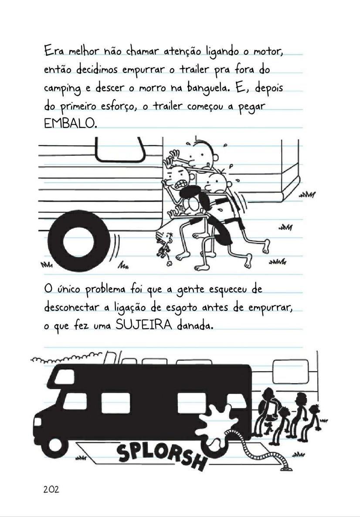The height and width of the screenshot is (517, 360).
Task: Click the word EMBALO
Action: point(69,123)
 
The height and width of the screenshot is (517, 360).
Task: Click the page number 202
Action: point(51,489)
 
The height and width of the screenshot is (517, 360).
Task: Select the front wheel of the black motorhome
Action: point(56,445)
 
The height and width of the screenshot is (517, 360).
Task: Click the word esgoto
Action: point(182,308)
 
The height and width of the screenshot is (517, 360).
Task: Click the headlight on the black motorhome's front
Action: point(37,422)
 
